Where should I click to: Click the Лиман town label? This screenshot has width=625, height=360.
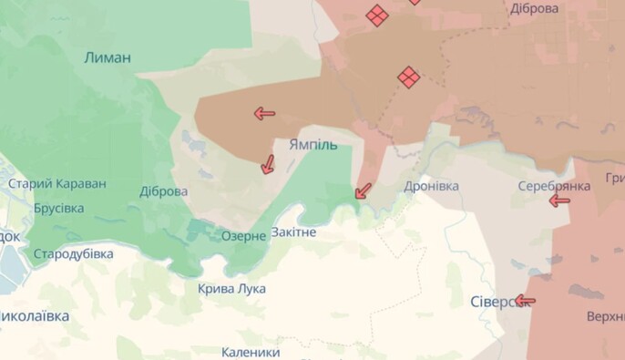[x=108, y=57]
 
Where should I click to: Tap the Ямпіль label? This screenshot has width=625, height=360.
[x=313, y=145]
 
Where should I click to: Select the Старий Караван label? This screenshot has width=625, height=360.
[x=57, y=184]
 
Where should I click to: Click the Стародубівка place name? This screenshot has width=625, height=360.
[x=73, y=253]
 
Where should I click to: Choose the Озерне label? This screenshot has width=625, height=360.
[x=243, y=235]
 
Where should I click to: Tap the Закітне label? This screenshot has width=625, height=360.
[x=293, y=232]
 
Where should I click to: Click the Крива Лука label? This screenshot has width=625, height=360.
[x=232, y=288]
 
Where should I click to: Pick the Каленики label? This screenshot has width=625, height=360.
[x=251, y=351]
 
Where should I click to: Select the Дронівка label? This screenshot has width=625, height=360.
[x=432, y=186]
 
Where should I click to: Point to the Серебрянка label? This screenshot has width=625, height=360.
[x=554, y=185]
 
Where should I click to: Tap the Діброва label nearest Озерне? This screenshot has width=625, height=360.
[x=164, y=191]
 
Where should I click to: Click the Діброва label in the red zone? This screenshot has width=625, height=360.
[x=535, y=8]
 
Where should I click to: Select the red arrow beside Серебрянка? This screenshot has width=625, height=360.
[x=558, y=201]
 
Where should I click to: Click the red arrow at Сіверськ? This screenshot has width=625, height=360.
[x=525, y=300]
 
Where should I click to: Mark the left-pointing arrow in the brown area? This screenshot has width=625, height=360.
[x=264, y=113]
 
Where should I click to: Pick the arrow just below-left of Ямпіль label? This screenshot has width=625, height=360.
[x=268, y=164]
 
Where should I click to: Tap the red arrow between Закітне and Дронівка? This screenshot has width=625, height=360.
[x=363, y=190]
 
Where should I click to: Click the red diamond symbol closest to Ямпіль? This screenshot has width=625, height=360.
[x=409, y=77]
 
